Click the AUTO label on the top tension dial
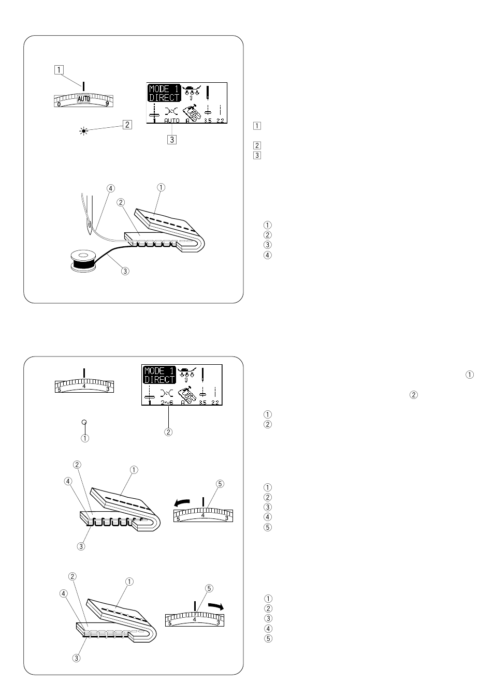tap(84, 98)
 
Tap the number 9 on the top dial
tap(107, 104)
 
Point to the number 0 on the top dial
tap(59, 104)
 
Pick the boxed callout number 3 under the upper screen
tap(172, 139)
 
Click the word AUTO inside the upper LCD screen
tap(172, 121)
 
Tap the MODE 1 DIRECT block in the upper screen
tap(164, 93)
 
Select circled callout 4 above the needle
tap(110, 188)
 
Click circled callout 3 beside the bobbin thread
tap(124, 271)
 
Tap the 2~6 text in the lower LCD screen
tap(167, 402)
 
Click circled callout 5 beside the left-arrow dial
tap(220, 484)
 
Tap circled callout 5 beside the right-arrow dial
tap(209, 588)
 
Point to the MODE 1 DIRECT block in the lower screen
tap(159, 375)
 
